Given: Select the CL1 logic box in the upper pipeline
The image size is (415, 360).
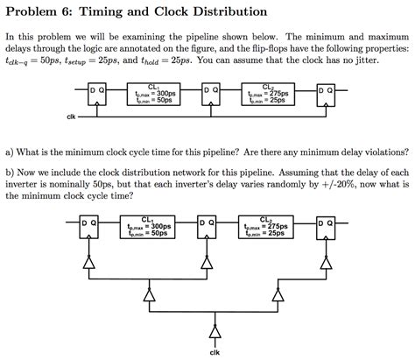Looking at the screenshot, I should coord(154,95).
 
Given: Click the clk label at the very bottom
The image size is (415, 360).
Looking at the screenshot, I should coord(212,351).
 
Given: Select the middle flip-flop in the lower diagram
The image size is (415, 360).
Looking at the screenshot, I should coord(210,229).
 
